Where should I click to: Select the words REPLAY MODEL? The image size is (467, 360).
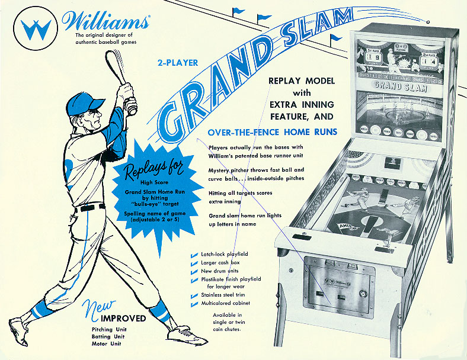pyautogui.click(x=302, y=81)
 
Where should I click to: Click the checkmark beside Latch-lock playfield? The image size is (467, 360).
pyautogui.click(x=194, y=255)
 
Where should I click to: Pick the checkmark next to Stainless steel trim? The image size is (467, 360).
pyautogui.click(x=194, y=295)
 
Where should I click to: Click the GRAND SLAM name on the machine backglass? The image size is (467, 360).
pyautogui.click(x=392, y=85)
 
